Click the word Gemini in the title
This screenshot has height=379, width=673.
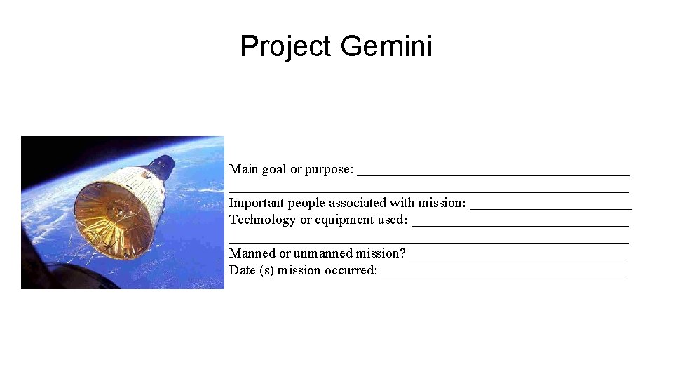[x=386, y=47]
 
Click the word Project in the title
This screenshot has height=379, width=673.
[x=285, y=47]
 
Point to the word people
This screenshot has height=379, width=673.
[x=306, y=203]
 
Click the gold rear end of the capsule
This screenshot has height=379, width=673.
[x=112, y=218]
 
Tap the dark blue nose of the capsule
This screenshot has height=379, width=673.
[x=162, y=166]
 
